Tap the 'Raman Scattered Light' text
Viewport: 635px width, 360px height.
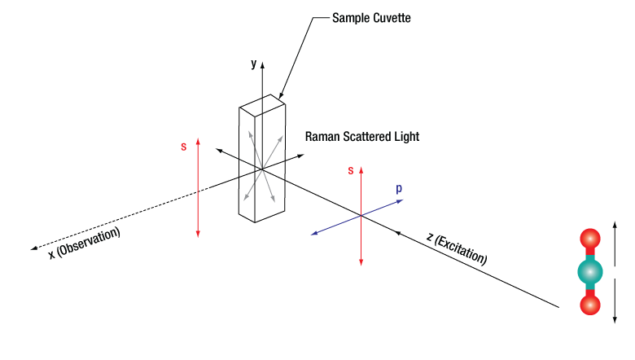361,137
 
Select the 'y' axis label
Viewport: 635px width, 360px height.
253,63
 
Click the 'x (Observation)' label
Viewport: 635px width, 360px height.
84,243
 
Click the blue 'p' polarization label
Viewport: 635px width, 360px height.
399,188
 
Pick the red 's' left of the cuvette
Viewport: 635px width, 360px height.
184,147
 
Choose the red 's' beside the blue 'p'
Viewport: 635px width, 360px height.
351,170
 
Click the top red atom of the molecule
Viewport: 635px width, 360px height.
589,239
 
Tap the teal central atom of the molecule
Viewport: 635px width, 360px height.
589,272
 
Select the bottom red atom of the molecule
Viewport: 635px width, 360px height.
589,305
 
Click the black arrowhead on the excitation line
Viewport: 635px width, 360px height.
399,233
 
